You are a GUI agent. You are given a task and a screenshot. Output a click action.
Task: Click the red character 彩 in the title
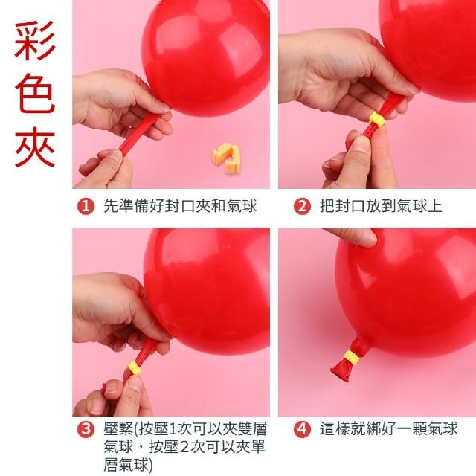click(35, 41)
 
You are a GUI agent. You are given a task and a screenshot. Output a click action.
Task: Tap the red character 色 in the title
click(35, 93)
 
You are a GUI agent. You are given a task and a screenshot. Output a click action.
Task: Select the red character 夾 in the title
click(35, 147)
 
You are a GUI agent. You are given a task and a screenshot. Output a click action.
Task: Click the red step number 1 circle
click(86, 206)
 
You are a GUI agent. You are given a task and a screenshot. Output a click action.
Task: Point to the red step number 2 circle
click(302, 206)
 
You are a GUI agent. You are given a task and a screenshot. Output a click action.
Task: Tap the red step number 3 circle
click(86, 429)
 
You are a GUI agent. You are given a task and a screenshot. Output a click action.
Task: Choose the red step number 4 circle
click(302, 429)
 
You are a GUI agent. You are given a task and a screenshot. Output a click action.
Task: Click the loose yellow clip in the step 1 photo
click(226, 158)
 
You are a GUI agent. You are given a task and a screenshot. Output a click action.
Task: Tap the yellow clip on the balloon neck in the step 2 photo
click(377, 120)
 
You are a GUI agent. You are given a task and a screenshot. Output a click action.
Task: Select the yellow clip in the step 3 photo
click(135, 368)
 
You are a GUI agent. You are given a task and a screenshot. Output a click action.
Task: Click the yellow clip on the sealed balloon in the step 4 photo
click(352, 357)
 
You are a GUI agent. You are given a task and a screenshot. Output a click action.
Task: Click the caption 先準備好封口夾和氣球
click(180, 206)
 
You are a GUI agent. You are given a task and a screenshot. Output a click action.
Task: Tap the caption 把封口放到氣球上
click(381, 206)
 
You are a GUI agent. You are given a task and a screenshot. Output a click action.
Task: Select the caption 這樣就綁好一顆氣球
click(388, 428)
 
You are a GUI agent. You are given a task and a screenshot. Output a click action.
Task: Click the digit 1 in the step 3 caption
click(172, 429)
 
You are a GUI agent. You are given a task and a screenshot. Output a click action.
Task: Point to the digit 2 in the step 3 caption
click(184, 447)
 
